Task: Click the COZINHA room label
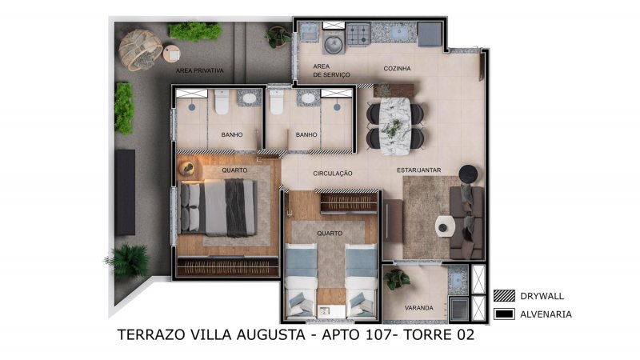click(397, 69)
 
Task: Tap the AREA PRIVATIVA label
click(199, 70)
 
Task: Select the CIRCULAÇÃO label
click(332, 174)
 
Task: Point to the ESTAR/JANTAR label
click(418, 170)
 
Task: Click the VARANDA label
click(418, 308)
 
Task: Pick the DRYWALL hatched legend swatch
click(504, 296)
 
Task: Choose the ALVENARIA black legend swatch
click(504, 314)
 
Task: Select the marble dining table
click(394, 126)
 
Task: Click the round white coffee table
click(445, 226)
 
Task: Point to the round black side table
click(468, 174)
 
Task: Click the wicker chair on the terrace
click(140, 50)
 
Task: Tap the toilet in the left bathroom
click(222, 102)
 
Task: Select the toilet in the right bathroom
click(276, 102)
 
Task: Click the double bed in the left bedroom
click(218, 208)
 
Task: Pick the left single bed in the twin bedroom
click(302, 281)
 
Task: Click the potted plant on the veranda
click(396, 279)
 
